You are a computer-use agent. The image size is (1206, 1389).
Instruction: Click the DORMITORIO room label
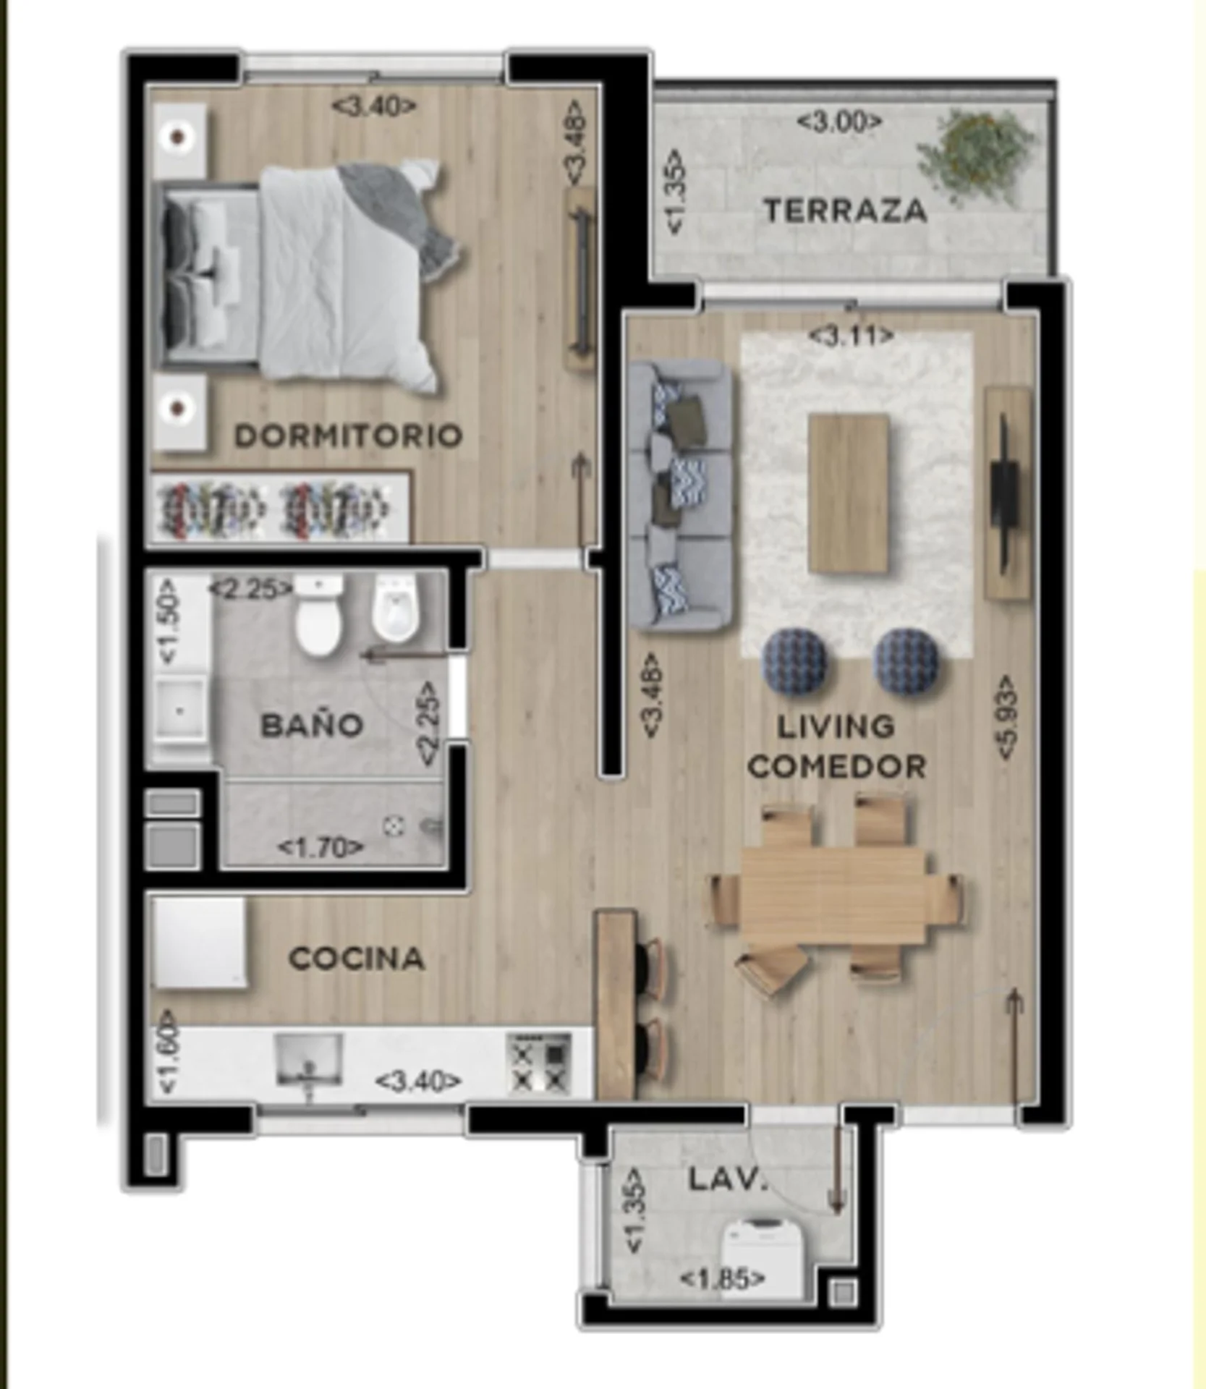tap(348, 436)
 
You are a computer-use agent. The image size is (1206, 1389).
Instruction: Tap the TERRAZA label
tap(845, 211)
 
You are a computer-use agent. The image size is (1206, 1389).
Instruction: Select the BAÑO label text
tap(312, 725)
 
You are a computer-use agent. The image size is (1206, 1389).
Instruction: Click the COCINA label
tap(356, 959)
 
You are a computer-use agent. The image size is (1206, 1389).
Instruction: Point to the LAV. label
tap(726, 1180)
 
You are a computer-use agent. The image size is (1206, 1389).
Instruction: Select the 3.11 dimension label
tap(851, 336)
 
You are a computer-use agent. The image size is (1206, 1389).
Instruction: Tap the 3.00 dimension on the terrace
tap(839, 121)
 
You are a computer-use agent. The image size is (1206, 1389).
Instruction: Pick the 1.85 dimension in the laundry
tap(722, 1279)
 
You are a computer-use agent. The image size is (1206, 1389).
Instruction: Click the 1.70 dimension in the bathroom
tap(320, 846)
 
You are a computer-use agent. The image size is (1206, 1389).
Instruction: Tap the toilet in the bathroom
tap(318, 615)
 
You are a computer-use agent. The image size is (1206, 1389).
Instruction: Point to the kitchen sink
tap(310, 1061)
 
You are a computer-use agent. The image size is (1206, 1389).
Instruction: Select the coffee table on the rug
tap(848, 494)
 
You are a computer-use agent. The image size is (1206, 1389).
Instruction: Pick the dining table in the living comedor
tap(834, 896)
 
